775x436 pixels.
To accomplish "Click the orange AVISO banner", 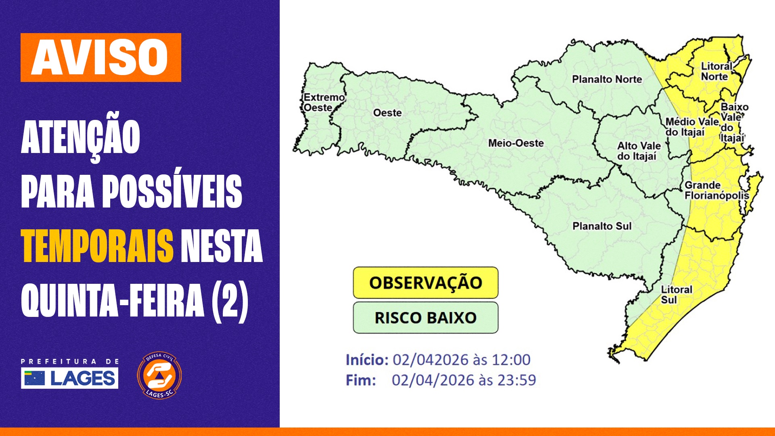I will [101, 57].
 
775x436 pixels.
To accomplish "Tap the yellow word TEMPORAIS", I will [97, 246].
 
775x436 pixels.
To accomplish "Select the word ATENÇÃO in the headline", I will [80, 137].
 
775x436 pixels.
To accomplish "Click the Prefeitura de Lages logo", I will [69, 374].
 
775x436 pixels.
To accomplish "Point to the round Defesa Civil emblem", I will [159, 375].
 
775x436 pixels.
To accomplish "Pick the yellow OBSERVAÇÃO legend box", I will [425, 283].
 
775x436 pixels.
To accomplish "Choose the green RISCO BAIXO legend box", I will [425, 318].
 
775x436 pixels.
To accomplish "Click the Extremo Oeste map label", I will [323, 103].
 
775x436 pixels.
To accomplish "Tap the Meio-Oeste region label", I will [516, 143].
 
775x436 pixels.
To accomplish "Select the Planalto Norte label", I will [607, 79].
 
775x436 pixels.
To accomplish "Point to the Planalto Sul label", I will [602, 226].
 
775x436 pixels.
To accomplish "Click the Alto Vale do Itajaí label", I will [639, 151].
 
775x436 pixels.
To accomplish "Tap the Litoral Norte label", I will [716, 71].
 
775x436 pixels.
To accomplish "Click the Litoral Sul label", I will [676, 295].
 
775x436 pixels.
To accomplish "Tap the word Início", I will [367, 360].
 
